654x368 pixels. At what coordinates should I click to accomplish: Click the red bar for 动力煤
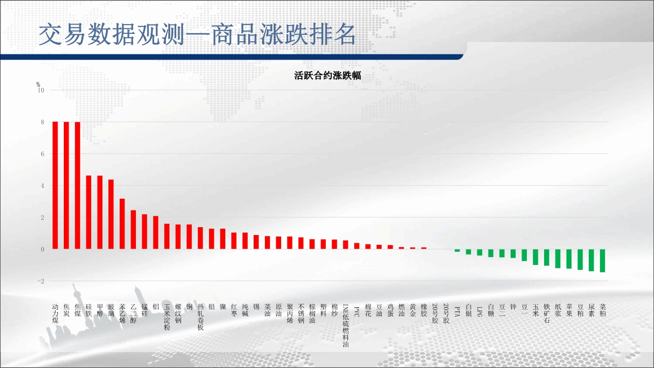[x=55, y=185]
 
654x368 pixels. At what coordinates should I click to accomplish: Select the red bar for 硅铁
[x=89, y=212]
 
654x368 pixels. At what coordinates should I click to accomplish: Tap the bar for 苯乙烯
[x=122, y=224]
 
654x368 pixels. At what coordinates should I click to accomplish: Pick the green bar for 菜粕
[x=602, y=261]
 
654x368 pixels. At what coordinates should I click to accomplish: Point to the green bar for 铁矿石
[x=547, y=258]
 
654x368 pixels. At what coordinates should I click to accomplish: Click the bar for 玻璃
[x=111, y=214]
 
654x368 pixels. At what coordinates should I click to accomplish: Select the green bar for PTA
[x=457, y=251]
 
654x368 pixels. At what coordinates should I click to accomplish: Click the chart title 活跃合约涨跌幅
[x=328, y=76]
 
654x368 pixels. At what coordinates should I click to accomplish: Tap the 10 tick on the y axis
[x=41, y=90]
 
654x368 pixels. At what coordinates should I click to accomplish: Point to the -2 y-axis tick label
[x=41, y=281]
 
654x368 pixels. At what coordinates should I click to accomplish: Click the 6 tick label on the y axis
[x=43, y=154]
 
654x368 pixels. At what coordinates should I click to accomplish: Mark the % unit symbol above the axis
[x=38, y=84]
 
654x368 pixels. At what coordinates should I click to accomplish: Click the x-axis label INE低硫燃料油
[x=346, y=325]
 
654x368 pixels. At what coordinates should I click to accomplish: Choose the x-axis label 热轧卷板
[x=200, y=317]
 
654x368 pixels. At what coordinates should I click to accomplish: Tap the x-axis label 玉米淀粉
[x=167, y=317]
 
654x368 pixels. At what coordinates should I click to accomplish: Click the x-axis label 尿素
[x=591, y=311]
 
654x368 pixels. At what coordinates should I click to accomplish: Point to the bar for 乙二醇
[x=133, y=230]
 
